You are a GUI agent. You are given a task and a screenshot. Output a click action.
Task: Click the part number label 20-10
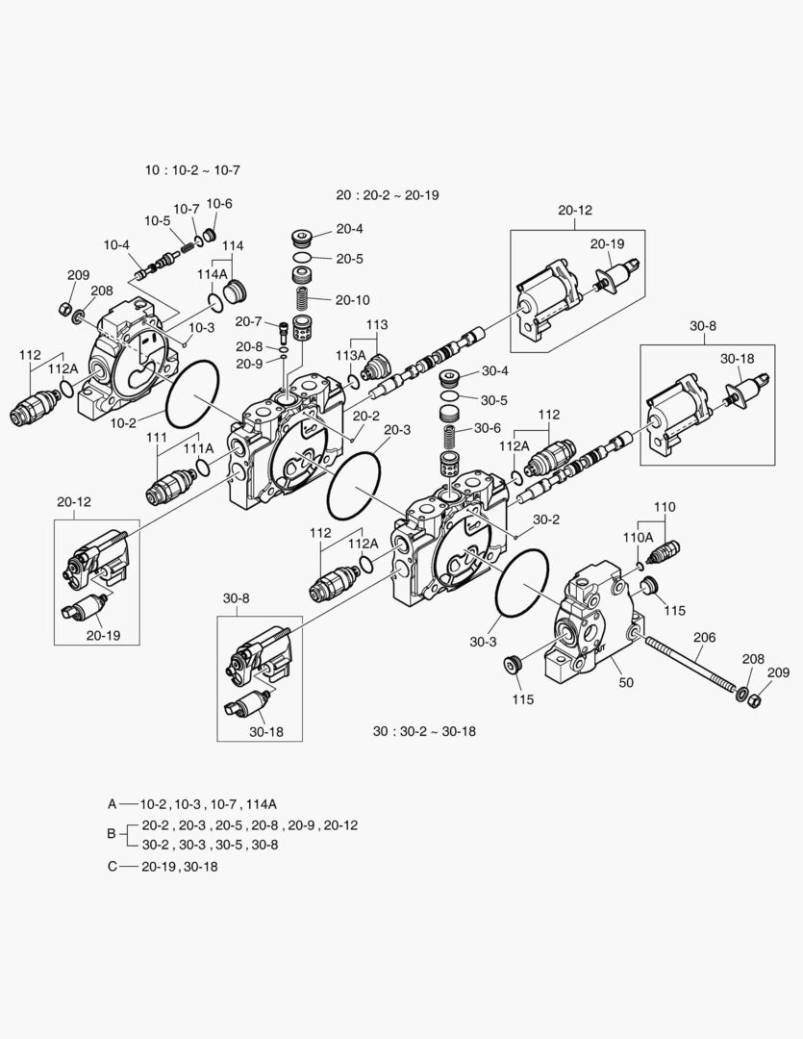coord(351,299)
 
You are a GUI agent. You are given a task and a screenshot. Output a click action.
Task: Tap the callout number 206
coord(705,637)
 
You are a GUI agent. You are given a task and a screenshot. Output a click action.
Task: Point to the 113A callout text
coord(350,355)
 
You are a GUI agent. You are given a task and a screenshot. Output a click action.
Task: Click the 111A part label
coord(199,448)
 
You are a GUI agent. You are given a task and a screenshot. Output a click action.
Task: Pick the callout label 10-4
coord(116,245)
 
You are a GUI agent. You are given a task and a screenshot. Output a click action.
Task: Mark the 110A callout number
coord(638,537)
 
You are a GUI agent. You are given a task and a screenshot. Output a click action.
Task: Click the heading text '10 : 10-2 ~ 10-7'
coord(191,169)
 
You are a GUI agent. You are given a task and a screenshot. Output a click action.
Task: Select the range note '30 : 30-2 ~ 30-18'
coord(424,731)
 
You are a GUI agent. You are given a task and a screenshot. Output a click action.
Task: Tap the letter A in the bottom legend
coord(113,802)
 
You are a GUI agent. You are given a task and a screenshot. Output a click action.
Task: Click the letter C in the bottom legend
coord(113,866)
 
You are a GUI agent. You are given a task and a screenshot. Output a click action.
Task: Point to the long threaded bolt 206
coord(690,664)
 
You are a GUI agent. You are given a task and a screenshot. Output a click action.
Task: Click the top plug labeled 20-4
coord(303,238)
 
